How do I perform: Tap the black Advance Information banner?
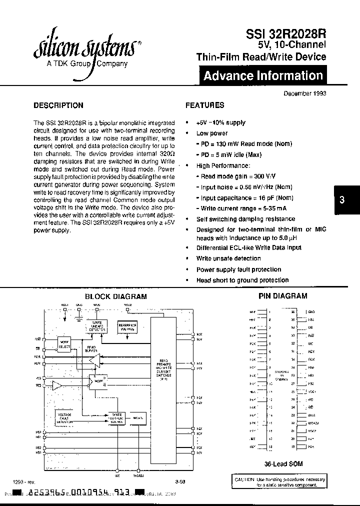(x=262, y=76)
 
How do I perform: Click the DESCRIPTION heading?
(x=58, y=105)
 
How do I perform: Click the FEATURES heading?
(x=204, y=105)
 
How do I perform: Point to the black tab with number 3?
(x=342, y=199)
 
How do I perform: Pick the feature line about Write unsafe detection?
(x=228, y=258)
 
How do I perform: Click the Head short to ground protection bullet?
(x=242, y=280)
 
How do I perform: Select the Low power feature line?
(x=211, y=133)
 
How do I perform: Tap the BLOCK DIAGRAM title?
(x=115, y=296)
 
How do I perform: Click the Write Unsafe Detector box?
(x=97, y=326)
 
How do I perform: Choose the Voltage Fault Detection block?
(x=64, y=418)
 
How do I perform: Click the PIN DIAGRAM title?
(x=282, y=296)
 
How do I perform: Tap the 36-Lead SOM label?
(x=283, y=464)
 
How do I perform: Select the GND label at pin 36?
(x=311, y=311)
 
